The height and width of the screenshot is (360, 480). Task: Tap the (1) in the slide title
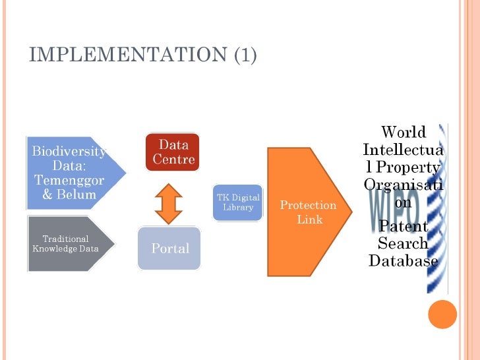tap(245, 55)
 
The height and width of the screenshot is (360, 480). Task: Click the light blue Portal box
tap(169, 248)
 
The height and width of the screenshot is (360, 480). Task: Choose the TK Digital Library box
tap(238, 202)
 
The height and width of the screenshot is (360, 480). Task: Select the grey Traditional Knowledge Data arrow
tap(70, 243)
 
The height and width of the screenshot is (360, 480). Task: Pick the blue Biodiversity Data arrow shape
tap(73, 172)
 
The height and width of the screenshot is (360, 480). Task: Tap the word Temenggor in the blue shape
tap(69, 181)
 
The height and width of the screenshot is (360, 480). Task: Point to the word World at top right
tap(404, 132)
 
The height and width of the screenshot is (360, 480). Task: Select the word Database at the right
tap(404, 261)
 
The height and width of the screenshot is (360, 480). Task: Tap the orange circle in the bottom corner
tap(442, 314)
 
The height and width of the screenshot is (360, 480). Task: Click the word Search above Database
tap(403, 244)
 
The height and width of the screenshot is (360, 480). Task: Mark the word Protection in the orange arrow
tap(308, 205)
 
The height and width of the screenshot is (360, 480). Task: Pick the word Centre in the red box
tap(173, 160)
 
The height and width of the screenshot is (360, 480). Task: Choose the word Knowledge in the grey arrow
tap(54, 249)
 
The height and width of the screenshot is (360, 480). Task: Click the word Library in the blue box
tap(238, 208)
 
